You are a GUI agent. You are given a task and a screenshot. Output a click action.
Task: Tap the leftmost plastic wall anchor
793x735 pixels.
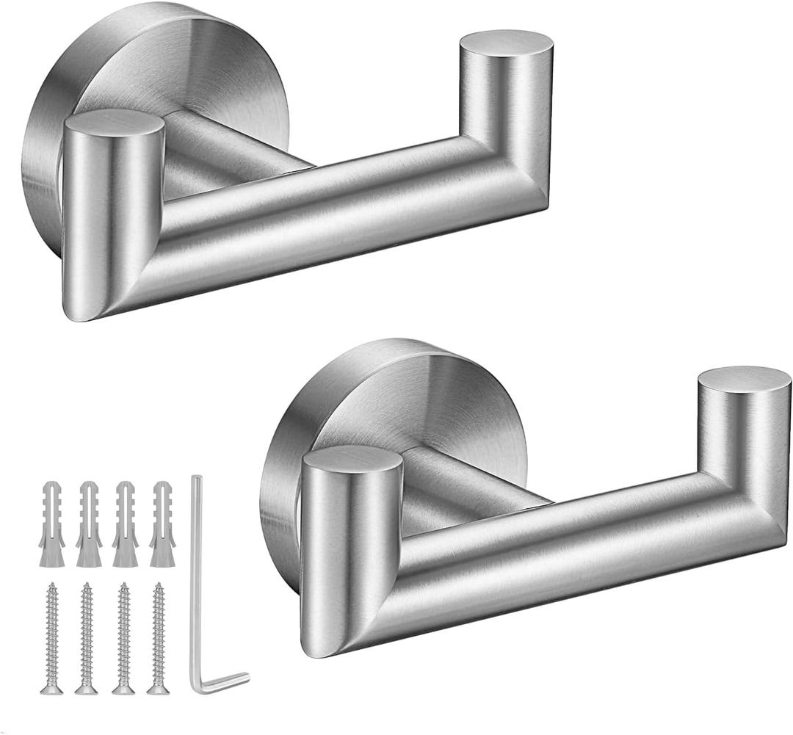(x=51, y=524)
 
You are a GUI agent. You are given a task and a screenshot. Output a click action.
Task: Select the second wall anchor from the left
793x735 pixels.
(x=88, y=524)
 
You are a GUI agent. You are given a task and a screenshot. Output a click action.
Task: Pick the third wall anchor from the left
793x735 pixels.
(x=125, y=524)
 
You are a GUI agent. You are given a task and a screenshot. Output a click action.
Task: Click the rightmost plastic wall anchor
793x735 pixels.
(x=162, y=524)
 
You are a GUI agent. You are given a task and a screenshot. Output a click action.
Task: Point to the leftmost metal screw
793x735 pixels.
(x=51, y=636)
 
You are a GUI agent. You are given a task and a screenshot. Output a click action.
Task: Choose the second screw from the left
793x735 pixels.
(x=87, y=636)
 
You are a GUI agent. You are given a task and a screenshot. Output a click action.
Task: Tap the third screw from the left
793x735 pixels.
(x=123, y=636)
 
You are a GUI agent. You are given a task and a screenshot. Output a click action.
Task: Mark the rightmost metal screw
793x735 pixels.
(x=158, y=636)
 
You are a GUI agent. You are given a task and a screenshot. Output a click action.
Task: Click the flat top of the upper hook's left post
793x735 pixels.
(x=113, y=122)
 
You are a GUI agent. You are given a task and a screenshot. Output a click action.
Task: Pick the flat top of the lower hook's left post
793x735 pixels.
(x=352, y=458)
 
